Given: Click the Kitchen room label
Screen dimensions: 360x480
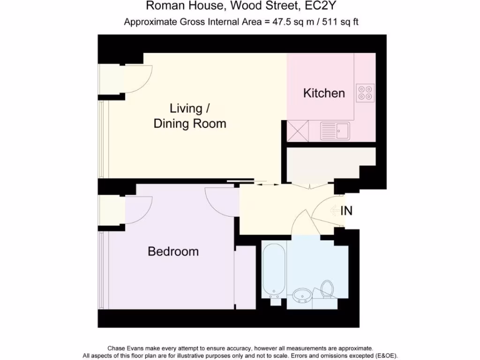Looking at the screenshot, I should click(324, 93).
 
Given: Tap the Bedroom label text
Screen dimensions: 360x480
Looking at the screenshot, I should click(173, 251).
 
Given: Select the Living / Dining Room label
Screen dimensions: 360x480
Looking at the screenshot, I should click(190, 116).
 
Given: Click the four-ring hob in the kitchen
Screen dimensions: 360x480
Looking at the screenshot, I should click(365, 93).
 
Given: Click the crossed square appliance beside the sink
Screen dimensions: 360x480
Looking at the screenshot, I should click(298, 130).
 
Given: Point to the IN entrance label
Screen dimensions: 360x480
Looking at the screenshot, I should click(346, 211).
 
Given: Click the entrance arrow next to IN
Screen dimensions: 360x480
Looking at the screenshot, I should click(335, 211).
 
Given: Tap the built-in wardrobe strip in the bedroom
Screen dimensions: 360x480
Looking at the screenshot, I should click(245, 277).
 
